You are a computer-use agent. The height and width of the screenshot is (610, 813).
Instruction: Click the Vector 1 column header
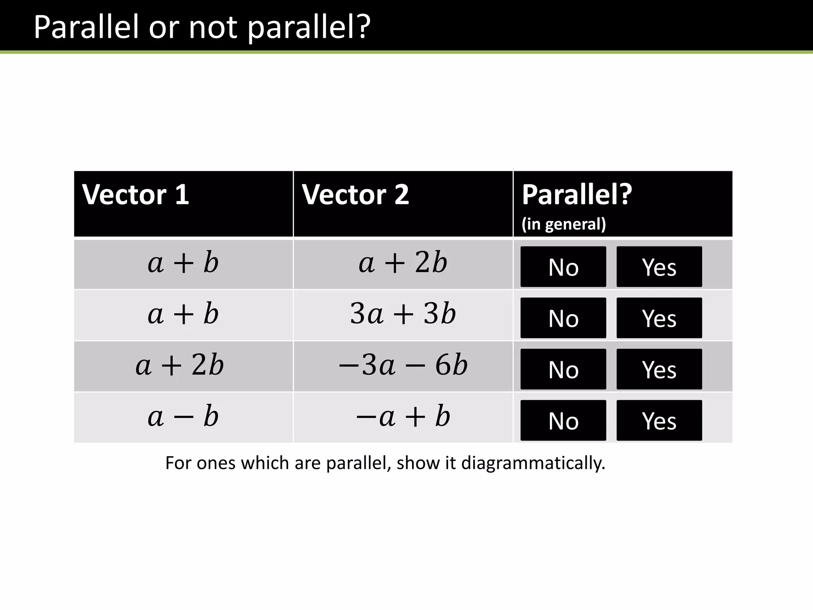pyautogui.click(x=135, y=195)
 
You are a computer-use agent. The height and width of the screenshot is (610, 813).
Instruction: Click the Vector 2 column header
pyautogui.click(x=355, y=195)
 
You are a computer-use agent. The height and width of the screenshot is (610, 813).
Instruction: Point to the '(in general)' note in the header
pyautogui.click(x=564, y=224)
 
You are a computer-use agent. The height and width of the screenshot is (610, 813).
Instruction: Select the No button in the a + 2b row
pyautogui.click(x=563, y=266)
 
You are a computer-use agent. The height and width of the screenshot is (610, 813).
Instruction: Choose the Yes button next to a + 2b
pyautogui.click(x=659, y=266)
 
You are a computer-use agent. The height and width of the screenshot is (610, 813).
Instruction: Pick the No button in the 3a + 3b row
pyautogui.click(x=563, y=318)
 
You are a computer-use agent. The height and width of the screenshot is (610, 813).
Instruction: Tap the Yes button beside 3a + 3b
pyautogui.click(x=659, y=318)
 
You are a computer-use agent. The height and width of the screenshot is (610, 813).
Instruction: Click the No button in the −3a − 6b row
pyautogui.click(x=563, y=369)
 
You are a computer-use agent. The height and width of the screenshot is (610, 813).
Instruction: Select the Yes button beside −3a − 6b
pyautogui.click(x=659, y=369)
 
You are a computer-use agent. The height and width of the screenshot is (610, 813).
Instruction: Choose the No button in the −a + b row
pyautogui.click(x=563, y=420)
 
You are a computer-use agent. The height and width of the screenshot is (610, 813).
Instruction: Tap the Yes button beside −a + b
pyautogui.click(x=659, y=420)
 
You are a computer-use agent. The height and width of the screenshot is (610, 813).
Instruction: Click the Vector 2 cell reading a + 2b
pyautogui.click(x=403, y=263)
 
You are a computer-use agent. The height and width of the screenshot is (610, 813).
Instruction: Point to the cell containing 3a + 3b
pyautogui.click(x=403, y=314)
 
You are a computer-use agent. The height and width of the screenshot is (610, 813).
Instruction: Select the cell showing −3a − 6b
pyautogui.click(x=403, y=365)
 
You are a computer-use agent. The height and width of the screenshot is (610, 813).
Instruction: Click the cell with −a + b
pyautogui.click(x=403, y=417)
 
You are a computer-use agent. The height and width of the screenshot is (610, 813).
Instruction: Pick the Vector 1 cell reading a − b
pyautogui.click(x=183, y=417)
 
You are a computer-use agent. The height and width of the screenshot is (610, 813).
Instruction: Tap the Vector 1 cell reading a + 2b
pyautogui.click(x=180, y=365)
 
